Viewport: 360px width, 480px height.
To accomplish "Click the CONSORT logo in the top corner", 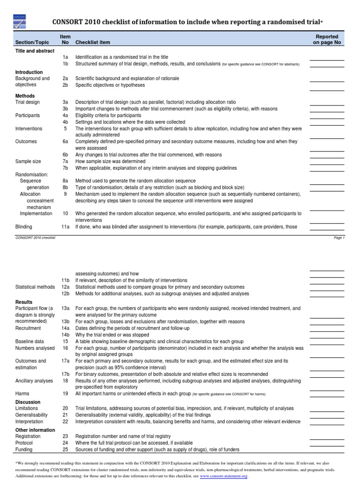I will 19,22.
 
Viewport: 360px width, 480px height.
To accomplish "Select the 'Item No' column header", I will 66,39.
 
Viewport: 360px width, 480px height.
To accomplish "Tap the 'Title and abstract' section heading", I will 35,51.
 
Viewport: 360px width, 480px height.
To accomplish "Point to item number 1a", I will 66,57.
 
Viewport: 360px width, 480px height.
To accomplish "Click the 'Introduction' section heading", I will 29,72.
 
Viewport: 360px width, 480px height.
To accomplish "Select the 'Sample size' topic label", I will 28,161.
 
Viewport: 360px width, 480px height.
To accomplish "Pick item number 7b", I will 66,168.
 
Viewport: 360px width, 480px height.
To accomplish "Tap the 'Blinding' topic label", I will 25,226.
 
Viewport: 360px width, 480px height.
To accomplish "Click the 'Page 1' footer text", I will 339,238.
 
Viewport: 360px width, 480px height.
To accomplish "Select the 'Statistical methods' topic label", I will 35,287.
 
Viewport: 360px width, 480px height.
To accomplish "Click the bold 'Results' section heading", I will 24,302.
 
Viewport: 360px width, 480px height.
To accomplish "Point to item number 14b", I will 66,335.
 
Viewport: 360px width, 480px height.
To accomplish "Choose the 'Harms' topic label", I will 22,394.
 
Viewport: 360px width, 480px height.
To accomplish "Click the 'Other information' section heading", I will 35,429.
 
